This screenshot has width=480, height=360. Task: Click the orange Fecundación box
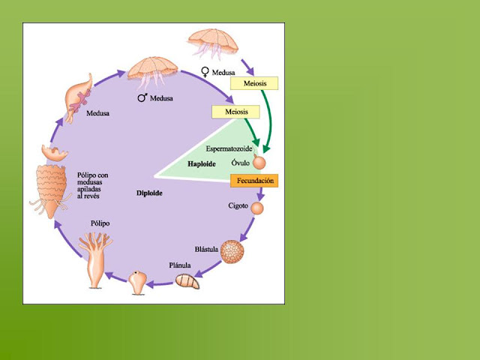pos(254,181)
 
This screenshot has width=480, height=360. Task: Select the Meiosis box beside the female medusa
pos(256,83)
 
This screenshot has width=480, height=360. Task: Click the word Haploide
pos(202,163)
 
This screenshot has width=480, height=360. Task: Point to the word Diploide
pos(149,193)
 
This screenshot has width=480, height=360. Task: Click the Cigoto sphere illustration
pos(257,208)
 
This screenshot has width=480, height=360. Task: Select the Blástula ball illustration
pos(233,251)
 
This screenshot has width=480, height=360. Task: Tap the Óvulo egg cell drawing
pos(259,162)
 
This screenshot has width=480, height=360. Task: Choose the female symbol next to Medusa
pos(205,72)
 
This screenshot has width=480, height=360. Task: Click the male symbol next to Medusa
pos(141,97)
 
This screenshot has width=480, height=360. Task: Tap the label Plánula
pos(180,265)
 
